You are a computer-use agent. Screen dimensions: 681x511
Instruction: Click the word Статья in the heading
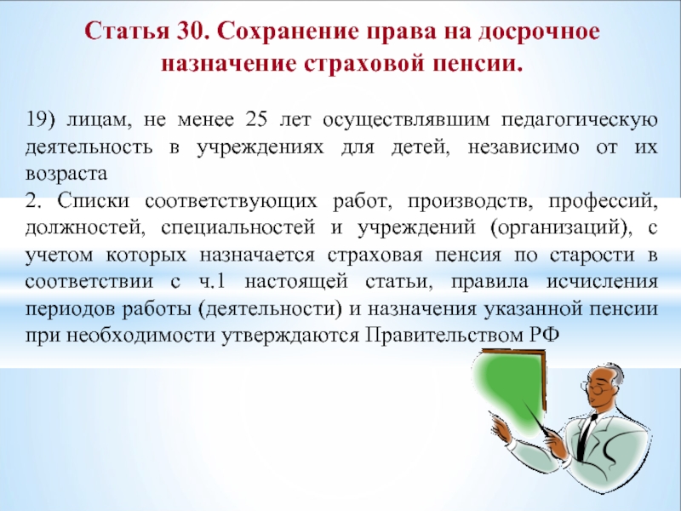pos(127,32)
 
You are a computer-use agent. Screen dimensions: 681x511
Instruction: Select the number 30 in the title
pos(189,32)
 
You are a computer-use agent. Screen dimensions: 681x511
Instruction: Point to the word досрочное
pos(539,32)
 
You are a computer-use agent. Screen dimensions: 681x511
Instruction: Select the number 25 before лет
pos(256,119)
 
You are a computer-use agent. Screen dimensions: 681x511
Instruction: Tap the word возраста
pos(66,175)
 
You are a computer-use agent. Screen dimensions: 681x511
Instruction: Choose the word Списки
pos(93,201)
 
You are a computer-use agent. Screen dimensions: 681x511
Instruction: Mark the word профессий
pos(603,202)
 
